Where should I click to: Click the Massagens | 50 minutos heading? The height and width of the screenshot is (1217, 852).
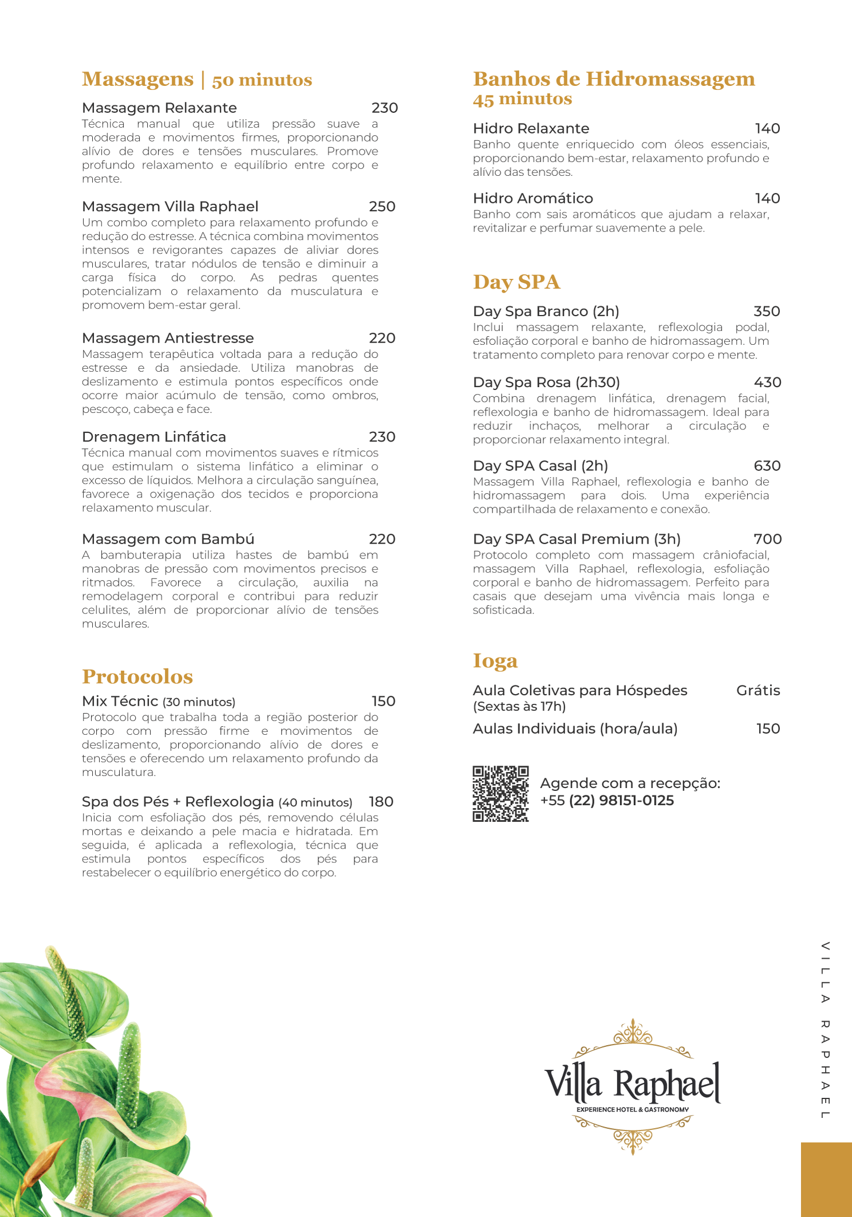tap(196, 80)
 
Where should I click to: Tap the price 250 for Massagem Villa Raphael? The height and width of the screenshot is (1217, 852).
tap(382, 207)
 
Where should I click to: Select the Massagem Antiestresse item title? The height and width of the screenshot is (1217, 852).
tap(168, 338)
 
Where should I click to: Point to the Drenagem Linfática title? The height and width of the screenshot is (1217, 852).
tap(154, 437)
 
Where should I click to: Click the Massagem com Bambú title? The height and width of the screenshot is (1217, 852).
tap(168, 539)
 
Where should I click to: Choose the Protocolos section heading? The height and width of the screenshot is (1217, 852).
tap(137, 677)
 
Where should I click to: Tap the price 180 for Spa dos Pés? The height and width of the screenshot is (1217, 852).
tap(381, 802)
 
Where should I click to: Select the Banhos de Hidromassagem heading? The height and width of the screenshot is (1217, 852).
tap(614, 80)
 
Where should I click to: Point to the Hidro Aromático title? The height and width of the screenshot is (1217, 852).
tap(532, 199)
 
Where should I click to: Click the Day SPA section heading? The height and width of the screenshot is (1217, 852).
tap(516, 282)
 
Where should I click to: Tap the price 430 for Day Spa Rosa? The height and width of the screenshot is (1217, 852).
tap(767, 383)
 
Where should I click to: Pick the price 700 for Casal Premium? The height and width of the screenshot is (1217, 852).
tap(767, 539)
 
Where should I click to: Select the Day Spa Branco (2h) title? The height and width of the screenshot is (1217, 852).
tap(546, 312)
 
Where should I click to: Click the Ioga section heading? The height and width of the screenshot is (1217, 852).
tap(495, 661)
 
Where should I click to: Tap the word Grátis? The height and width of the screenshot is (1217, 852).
tap(758, 691)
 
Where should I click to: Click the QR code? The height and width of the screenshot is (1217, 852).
tap(500, 794)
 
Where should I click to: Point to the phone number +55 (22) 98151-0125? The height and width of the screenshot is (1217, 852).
tap(607, 801)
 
